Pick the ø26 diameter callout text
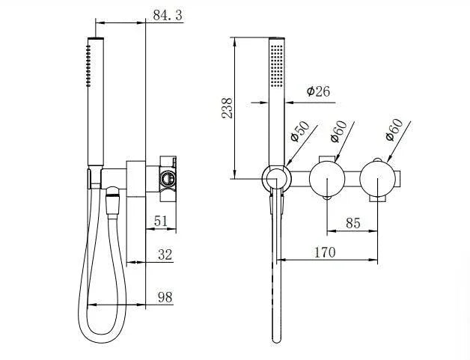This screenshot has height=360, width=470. (318, 91)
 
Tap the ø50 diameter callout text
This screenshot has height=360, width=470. (299, 131)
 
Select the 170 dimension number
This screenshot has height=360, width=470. (324, 253)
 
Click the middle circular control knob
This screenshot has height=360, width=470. (328, 179)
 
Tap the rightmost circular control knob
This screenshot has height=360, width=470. (378, 179)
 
